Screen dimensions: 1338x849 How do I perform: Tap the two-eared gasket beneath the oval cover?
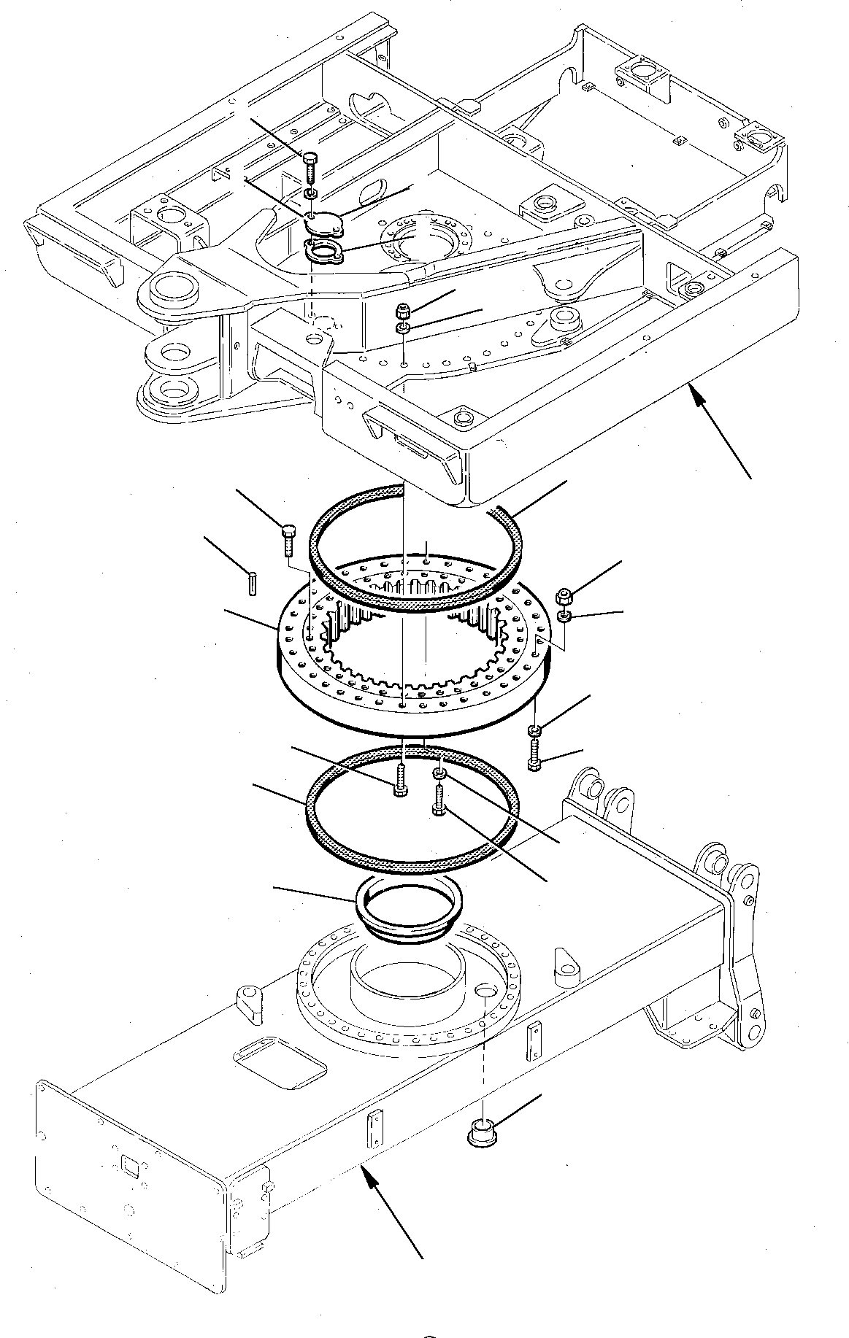tap(322, 253)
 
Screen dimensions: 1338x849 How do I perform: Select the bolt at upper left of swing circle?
tap(286, 539)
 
